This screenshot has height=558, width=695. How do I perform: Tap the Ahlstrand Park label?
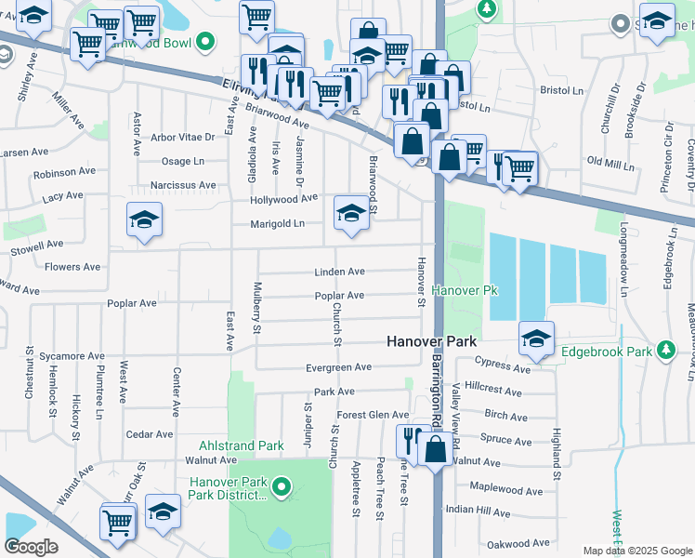241,445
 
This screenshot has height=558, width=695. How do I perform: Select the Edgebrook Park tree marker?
665,350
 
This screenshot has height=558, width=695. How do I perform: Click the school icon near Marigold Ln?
350,214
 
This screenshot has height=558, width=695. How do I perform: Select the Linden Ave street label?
339,272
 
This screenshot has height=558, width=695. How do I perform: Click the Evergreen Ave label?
338,367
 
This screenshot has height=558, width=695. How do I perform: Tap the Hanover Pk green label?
465,291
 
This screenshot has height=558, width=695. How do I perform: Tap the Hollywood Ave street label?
283,199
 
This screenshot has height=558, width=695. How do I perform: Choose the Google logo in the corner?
32,546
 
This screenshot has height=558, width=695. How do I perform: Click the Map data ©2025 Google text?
636,551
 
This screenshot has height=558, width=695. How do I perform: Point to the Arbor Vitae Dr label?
182,137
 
